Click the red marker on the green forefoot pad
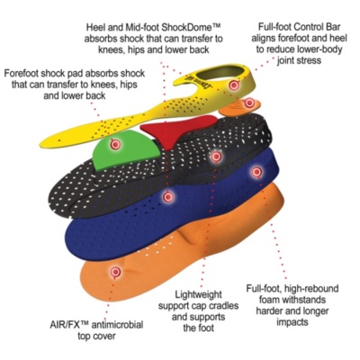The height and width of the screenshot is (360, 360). (x=115, y=145)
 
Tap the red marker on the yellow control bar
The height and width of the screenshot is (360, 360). (x=234, y=85)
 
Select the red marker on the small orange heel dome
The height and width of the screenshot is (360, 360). (x=249, y=103)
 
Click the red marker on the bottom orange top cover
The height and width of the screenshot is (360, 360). (x=115, y=272)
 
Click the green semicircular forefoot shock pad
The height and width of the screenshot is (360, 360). (x=126, y=148)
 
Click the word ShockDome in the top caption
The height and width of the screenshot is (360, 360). (x=186, y=28)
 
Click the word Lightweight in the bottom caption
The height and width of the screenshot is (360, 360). (x=198, y=294)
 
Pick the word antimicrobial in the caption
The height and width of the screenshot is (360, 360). (x=117, y=325)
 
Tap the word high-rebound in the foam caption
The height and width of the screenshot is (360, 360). (x=310, y=289)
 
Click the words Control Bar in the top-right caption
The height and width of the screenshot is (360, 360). (x=317, y=27)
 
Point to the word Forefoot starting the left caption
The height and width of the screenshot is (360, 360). (x=23, y=73)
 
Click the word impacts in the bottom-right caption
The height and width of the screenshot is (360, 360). (x=292, y=322)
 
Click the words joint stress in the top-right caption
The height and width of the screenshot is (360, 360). (x=299, y=60)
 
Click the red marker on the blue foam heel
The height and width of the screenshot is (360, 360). (x=256, y=172)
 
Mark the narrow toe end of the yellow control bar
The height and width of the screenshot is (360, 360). (x=44, y=143)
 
